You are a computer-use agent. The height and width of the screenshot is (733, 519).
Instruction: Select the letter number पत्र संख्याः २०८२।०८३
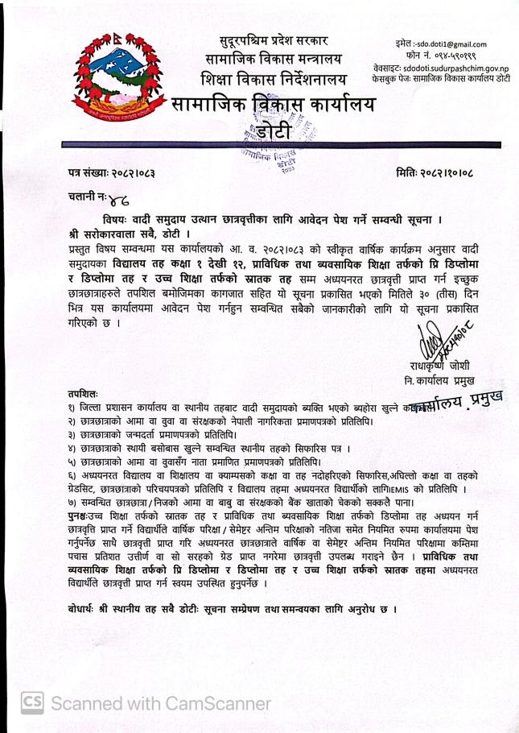112,172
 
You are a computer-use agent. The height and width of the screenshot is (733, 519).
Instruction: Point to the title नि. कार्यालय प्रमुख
440,379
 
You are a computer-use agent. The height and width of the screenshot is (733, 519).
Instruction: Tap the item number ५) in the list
73,462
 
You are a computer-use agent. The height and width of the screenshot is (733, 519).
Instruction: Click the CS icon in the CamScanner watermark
31,703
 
